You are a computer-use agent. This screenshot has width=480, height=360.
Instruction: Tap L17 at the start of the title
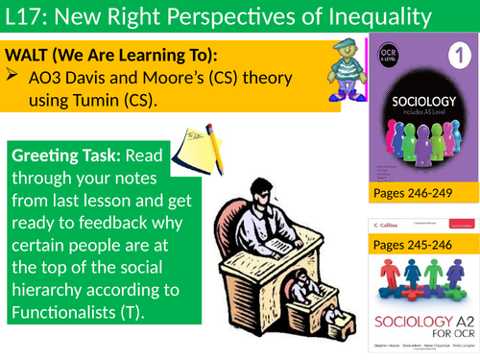[26, 17]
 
